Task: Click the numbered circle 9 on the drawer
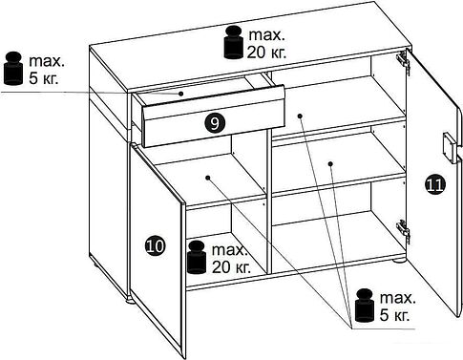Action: [215, 123]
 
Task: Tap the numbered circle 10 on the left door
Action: [155, 245]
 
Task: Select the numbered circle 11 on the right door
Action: [434, 184]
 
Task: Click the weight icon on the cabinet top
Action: [234, 43]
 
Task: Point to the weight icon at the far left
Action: [13, 69]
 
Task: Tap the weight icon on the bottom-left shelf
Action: [197, 258]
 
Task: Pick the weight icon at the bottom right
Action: [365, 306]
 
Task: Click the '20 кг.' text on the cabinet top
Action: [266, 52]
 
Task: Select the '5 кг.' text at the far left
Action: [44, 78]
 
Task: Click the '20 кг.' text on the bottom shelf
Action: [231, 266]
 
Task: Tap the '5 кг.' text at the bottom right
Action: [394, 314]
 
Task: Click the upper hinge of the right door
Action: [403, 62]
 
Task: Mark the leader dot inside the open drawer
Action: [180, 94]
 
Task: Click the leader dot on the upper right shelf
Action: [300, 116]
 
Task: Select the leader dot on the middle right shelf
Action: [330, 164]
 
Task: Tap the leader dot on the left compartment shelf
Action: [208, 178]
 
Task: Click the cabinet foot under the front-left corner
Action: [131, 300]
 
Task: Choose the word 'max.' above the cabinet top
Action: [266, 35]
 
